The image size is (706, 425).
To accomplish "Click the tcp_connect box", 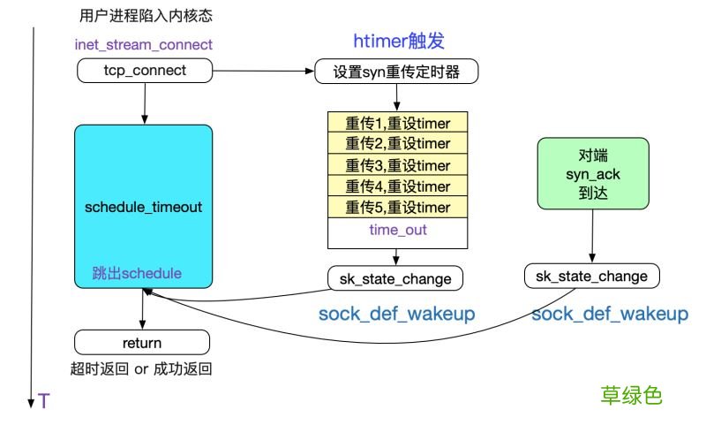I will (x=143, y=71).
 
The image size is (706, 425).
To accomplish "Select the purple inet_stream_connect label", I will (x=143, y=44).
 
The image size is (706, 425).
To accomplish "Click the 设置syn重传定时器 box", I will (x=396, y=72).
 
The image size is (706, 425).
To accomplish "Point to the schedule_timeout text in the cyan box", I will (x=143, y=208).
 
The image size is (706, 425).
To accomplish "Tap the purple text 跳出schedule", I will (x=137, y=273).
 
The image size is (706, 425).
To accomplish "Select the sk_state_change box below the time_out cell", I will (x=396, y=279).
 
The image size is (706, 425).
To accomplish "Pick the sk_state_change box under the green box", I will (x=591, y=277).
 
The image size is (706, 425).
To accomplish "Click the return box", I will (x=142, y=343).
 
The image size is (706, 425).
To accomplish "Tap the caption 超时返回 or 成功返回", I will (x=141, y=369).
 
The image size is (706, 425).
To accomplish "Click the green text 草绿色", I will (x=631, y=395).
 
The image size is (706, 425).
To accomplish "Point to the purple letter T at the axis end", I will (x=43, y=402).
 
